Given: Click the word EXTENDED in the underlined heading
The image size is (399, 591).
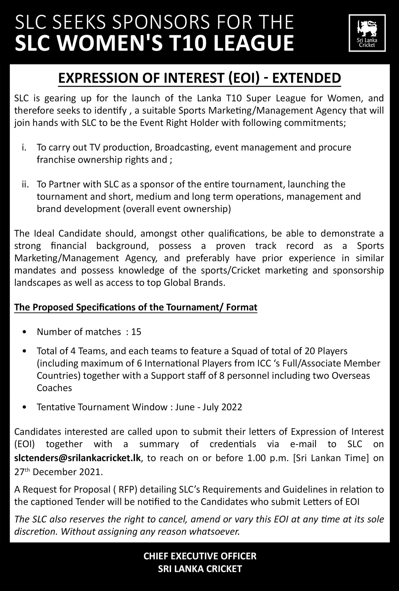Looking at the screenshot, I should (306, 78).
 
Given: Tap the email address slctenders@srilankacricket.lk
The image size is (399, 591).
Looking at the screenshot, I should (78, 458).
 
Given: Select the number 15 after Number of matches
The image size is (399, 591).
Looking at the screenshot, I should (136, 332).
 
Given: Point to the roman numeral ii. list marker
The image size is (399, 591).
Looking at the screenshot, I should (25, 184).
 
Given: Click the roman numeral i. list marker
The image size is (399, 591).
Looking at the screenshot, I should (24, 148).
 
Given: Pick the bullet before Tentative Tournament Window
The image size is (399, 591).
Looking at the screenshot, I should (24, 407).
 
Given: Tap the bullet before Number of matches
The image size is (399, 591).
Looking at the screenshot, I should (24, 332).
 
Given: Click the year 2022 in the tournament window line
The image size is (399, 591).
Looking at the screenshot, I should (231, 407).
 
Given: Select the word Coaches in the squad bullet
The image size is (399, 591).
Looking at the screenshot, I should (55, 388).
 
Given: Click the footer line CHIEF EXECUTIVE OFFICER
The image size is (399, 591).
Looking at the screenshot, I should (200, 556).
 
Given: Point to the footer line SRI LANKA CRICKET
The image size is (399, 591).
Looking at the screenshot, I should (200, 568).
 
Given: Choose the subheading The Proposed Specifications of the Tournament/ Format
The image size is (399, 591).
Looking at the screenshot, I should (136, 307).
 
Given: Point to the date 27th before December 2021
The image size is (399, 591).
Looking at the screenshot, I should (22, 472).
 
